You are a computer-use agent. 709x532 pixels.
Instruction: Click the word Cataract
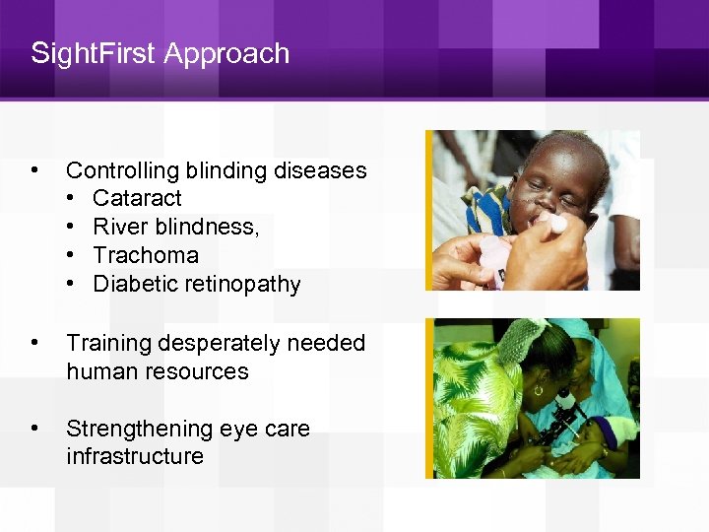point(137,199)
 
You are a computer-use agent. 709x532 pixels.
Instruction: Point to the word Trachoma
point(146,256)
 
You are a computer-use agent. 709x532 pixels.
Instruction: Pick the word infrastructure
point(135,456)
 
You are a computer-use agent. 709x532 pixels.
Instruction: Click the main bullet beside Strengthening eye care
point(37,429)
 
